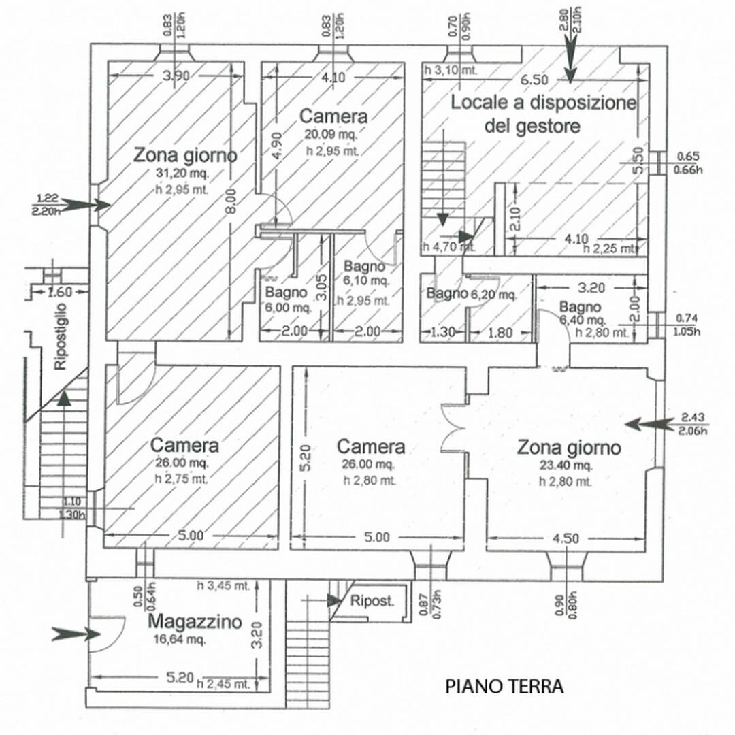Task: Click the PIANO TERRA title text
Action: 505,686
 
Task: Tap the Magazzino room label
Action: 195,621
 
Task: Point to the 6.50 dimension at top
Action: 536,80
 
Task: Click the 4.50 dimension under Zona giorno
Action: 566,538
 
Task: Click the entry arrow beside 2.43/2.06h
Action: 647,424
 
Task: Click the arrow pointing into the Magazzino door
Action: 75,634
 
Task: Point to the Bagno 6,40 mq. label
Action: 582,313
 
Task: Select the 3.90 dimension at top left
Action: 177,76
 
